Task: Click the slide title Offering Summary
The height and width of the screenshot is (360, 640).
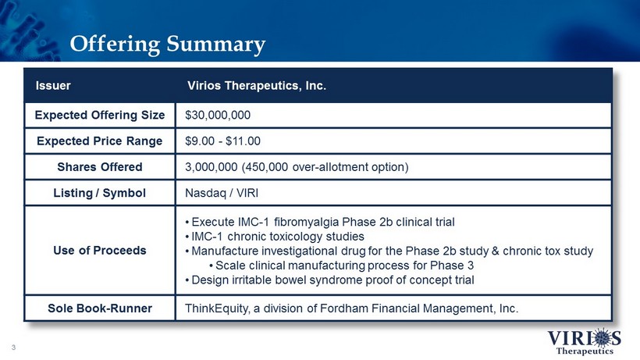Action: [x=168, y=44]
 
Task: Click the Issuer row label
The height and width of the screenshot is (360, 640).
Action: [x=53, y=86]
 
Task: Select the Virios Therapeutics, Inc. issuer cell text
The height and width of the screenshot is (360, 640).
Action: [x=257, y=86]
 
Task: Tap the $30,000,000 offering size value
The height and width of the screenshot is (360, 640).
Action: [x=218, y=115]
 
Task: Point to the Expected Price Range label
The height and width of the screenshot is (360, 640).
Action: [x=100, y=141]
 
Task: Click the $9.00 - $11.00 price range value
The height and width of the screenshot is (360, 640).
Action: [x=222, y=141]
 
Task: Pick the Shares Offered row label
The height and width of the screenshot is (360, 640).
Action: [x=100, y=167]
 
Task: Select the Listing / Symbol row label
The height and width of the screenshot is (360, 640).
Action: [x=100, y=193]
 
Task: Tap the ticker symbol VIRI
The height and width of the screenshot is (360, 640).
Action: [x=247, y=193]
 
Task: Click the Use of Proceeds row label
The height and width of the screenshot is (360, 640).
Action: [x=100, y=250]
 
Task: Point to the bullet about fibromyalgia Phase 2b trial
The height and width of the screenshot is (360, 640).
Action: [x=320, y=222]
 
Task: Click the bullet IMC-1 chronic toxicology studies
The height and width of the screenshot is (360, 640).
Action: [x=275, y=237]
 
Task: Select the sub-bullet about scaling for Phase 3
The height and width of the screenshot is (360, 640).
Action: [x=342, y=266]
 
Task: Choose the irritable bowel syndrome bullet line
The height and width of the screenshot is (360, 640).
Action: [x=330, y=280]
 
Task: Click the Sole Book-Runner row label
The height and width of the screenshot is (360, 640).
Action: [x=100, y=308]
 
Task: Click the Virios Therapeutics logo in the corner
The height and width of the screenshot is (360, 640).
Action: [x=584, y=341]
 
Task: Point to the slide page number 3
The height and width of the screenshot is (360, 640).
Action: [x=13, y=348]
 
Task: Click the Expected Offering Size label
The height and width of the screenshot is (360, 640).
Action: [x=100, y=115]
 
